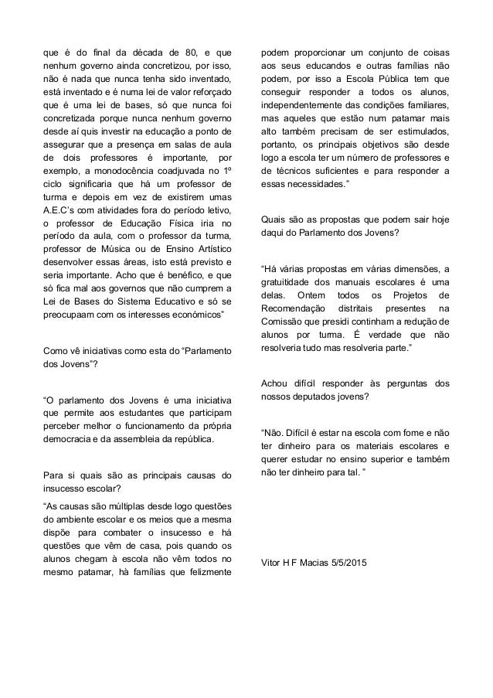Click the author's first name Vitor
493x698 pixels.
[x=272, y=563]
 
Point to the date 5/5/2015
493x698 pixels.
[x=345, y=563]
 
